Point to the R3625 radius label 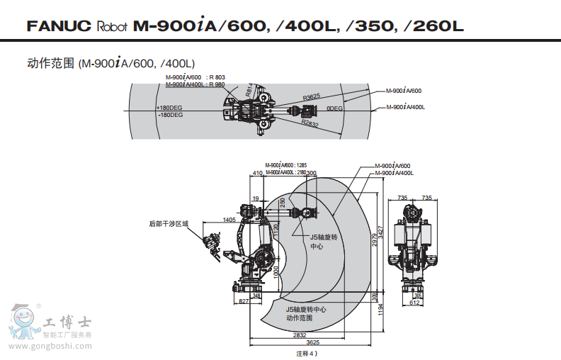tap(312, 96)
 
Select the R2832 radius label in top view tap(310, 124)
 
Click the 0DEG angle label tap(334, 108)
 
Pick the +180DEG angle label tap(169, 108)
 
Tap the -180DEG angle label tap(170, 115)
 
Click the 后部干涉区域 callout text tap(169, 223)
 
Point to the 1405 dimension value tap(229, 220)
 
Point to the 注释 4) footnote tap(307, 352)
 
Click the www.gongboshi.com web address tap(50, 347)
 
